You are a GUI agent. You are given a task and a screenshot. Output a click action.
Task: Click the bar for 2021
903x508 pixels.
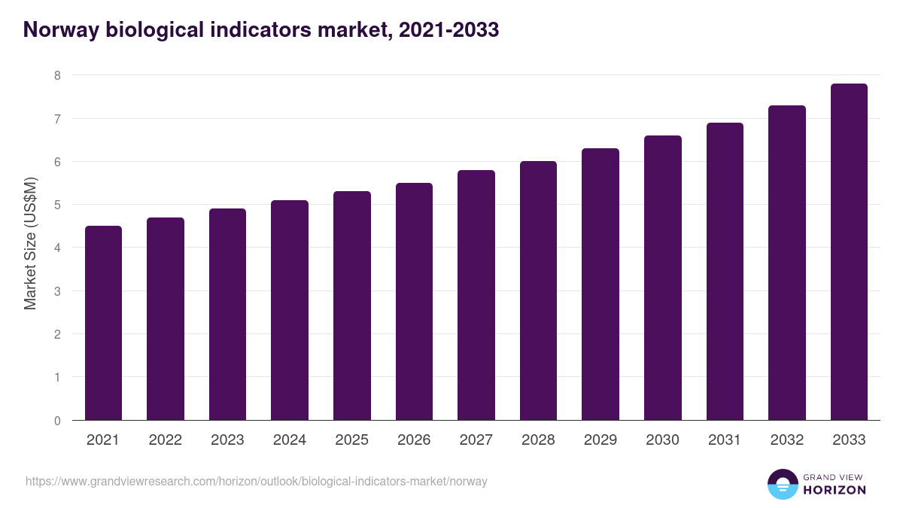103,323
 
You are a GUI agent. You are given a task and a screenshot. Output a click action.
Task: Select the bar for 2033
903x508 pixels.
849,252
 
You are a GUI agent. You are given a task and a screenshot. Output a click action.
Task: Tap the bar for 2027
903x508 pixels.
476,295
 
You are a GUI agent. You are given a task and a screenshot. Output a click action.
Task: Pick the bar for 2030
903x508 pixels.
662,278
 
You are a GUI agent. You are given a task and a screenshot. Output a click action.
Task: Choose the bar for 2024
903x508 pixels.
290,310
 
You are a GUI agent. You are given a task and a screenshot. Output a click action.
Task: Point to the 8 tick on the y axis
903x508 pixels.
57,75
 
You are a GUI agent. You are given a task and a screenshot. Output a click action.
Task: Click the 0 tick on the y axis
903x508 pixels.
57,421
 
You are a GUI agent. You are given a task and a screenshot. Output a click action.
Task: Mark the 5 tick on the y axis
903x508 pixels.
57,205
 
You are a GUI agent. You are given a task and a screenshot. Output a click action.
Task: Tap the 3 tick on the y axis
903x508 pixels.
57,291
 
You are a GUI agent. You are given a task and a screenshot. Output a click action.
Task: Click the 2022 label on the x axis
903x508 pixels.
166,440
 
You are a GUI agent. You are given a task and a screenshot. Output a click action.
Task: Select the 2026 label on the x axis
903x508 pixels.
414,440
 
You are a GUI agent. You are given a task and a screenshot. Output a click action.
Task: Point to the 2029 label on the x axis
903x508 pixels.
600,440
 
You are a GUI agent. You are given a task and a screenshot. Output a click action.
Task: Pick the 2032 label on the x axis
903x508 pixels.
787,440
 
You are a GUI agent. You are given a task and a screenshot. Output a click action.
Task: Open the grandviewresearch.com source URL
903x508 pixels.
257,481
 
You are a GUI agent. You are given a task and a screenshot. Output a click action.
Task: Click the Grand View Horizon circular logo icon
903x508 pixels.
783,484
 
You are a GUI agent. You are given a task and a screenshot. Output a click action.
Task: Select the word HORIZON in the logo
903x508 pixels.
835,490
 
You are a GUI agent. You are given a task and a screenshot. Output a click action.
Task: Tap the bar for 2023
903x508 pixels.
227,315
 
